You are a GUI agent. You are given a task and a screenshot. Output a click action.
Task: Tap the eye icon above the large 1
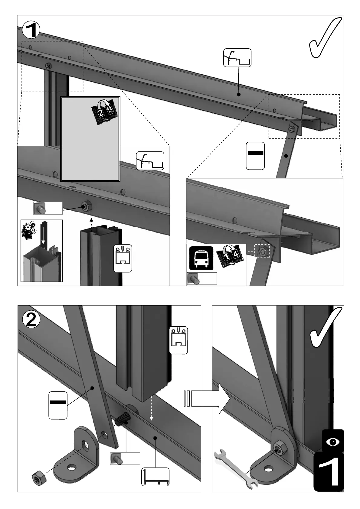(x=333, y=442)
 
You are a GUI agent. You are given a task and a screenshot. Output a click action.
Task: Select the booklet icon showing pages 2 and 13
(x=106, y=112)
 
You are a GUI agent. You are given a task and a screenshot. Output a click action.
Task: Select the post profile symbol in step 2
(x=178, y=340)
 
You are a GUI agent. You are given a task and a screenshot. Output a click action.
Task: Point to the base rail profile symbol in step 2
(x=155, y=477)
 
